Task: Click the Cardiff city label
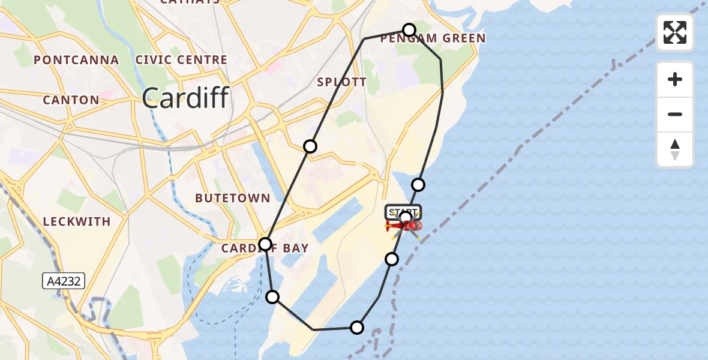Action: pyautogui.click(x=186, y=97)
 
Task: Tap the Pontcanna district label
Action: pyautogui.click(x=76, y=60)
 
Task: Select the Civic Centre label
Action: pyautogui.click(x=181, y=60)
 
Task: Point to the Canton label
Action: pyautogui.click(x=71, y=100)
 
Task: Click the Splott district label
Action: pyautogui.click(x=341, y=82)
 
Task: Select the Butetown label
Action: pyautogui.click(x=233, y=198)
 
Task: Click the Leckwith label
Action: pyautogui.click(x=77, y=221)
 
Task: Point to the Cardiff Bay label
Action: pyautogui.click(x=265, y=248)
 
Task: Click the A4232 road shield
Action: pyautogui.click(x=64, y=280)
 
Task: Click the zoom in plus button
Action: pyautogui.click(x=675, y=79)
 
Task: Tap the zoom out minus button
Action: pyautogui.click(x=675, y=114)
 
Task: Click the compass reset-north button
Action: pyautogui.click(x=675, y=149)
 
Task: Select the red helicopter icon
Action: pyautogui.click(x=406, y=226)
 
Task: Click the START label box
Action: pyautogui.click(x=403, y=212)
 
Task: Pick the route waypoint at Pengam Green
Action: pyautogui.click(x=409, y=30)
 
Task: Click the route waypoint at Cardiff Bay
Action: pyautogui.click(x=265, y=244)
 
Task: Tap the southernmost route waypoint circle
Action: pyautogui.click(x=357, y=327)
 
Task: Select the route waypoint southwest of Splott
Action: pyautogui.click(x=310, y=146)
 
